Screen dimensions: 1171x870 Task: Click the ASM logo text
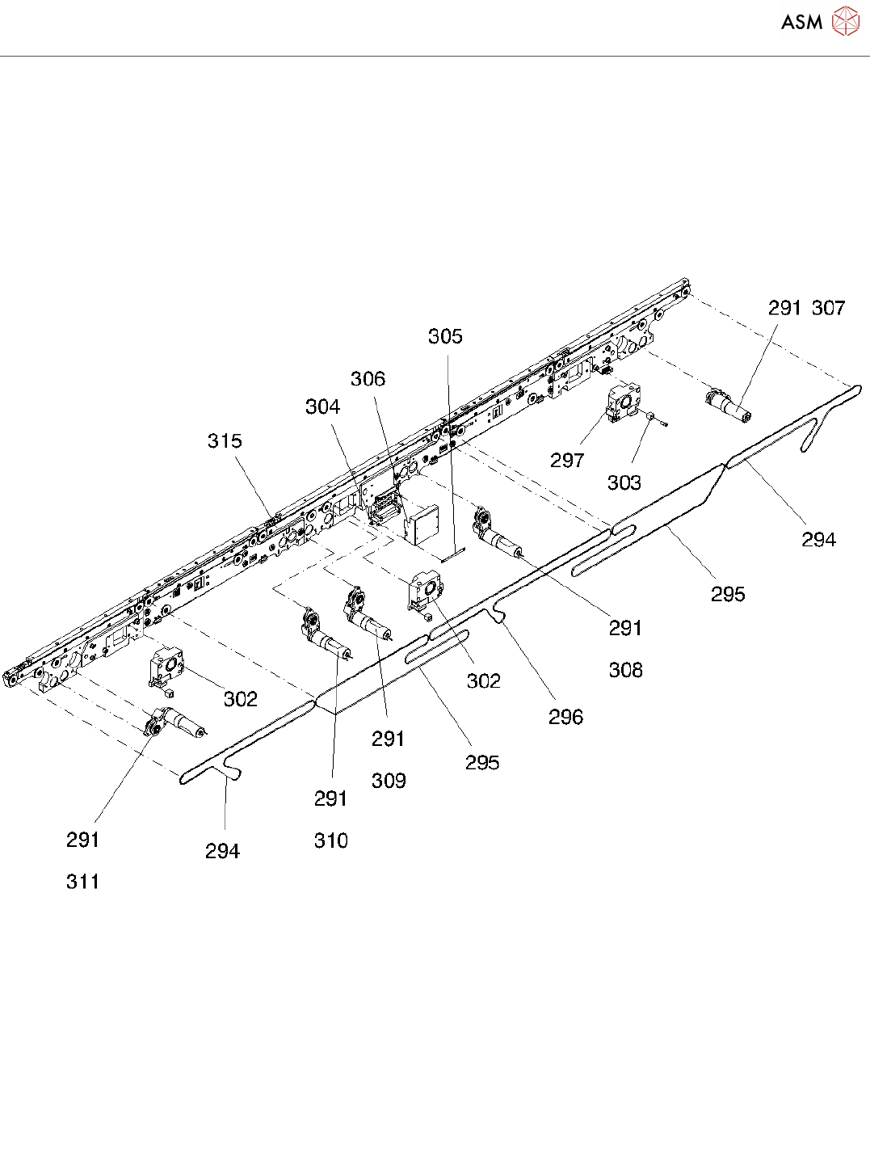click(x=801, y=23)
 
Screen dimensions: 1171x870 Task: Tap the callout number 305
click(x=445, y=336)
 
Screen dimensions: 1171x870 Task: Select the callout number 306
click(x=368, y=379)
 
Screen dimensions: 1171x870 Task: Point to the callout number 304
click(x=322, y=406)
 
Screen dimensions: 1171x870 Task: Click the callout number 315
click(x=225, y=441)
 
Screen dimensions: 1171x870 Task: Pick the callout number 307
click(x=828, y=308)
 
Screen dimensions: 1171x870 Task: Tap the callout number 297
click(x=566, y=461)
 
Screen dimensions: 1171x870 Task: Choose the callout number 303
click(x=624, y=482)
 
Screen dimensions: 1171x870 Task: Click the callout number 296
click(x=565, y=717)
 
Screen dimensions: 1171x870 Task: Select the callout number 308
click(x=625, y=670)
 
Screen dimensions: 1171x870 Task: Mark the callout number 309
click(x=389, y=781)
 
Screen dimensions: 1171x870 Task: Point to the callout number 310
click(x=331, y=840)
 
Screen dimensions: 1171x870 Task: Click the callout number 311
click(x=83, y=882)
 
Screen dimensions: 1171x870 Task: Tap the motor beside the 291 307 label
click(x=729, y=406)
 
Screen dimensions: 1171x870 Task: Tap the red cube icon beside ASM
click(x=846, y=22)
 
